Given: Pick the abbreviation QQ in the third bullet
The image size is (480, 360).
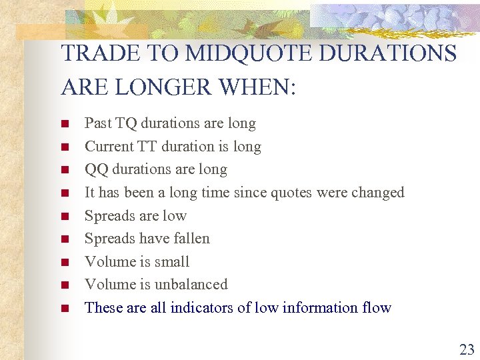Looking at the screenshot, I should (97, 169).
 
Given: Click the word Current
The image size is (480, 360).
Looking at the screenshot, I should (109, 147).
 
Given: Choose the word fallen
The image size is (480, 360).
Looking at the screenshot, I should (191, 239).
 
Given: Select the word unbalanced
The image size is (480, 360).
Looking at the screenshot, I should (191, 285).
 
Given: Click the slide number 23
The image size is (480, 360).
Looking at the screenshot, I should (466, 349).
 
